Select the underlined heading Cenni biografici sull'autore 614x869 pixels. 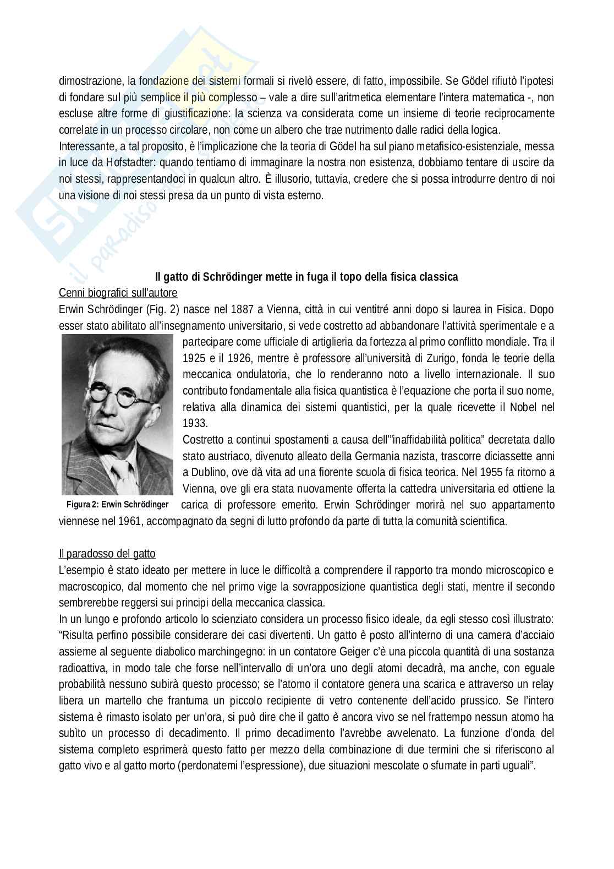tap(118, 293)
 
